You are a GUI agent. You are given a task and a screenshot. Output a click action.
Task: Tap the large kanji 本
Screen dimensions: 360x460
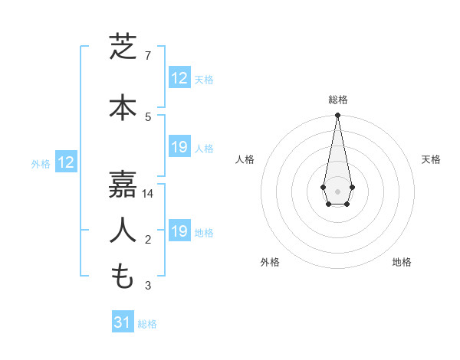coord(123,107)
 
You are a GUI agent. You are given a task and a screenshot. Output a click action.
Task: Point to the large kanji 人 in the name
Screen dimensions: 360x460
coord(123,231)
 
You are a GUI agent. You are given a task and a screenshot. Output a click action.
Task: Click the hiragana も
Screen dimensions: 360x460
coord(123,276)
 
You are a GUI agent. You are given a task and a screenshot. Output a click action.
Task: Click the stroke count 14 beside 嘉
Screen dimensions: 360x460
coord(149,194)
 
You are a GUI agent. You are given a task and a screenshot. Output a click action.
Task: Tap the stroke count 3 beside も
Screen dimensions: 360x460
coord(148,286)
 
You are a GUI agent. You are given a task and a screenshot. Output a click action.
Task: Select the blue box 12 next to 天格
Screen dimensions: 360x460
coord(179,78)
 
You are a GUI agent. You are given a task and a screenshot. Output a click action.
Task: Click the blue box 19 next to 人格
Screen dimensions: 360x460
coord(179,147)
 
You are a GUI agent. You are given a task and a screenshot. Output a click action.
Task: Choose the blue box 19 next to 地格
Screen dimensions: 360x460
coord(179,231)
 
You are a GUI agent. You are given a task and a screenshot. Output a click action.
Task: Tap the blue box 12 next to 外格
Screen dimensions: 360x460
coord(66,162)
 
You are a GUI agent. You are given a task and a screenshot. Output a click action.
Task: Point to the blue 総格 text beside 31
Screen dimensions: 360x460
coord(147,324)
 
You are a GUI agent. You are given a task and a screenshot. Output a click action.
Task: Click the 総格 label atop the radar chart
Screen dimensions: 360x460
coord(337,100)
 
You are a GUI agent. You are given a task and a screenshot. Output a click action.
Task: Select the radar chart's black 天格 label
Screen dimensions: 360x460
coord(431,159)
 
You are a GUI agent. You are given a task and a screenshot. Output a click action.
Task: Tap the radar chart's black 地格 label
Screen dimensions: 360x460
coord(402,262)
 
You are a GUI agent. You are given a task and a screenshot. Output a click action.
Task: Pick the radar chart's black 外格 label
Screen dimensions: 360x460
coord(270,262)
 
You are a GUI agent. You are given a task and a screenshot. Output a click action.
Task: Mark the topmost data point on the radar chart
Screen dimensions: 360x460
coord(337,116)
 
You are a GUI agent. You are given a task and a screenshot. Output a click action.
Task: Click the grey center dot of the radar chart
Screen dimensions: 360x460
coord(337,190)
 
